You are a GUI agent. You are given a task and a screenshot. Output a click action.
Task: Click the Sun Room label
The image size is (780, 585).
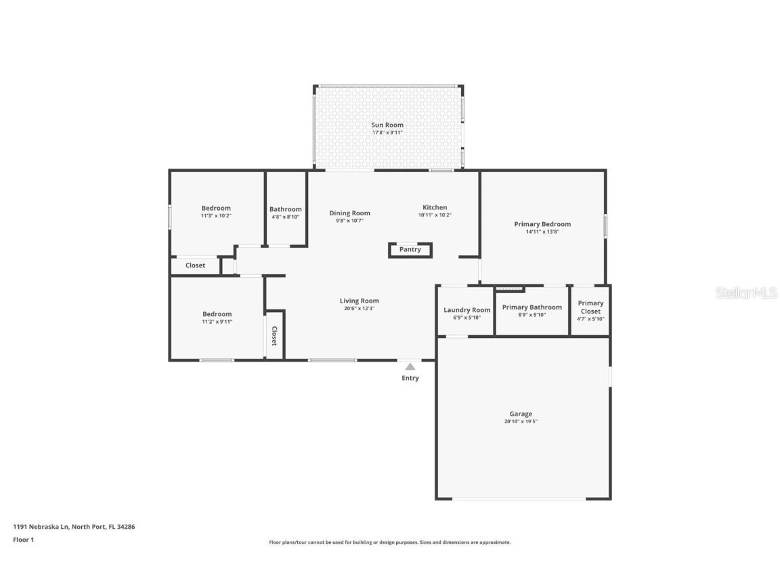387,125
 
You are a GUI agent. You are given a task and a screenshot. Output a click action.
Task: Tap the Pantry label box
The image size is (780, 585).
410,250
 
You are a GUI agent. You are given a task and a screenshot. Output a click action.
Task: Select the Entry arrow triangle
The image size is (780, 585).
410,367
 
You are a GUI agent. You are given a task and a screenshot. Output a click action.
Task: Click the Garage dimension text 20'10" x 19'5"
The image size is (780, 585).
521,422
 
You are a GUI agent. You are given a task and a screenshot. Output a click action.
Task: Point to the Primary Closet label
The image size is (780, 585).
590,307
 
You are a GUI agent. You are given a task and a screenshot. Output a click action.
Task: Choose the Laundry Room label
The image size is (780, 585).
467,310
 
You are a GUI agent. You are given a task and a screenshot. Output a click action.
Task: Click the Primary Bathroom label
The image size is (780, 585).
532,307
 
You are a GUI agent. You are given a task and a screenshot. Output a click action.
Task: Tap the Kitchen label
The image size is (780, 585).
435,207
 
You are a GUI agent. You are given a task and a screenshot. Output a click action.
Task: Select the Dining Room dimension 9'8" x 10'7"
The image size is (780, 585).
349,221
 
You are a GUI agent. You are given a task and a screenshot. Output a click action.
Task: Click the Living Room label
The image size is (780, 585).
359,301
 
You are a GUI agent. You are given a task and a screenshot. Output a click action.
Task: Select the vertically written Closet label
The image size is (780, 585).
274,336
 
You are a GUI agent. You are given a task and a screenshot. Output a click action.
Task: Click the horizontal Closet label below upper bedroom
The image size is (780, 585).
195,265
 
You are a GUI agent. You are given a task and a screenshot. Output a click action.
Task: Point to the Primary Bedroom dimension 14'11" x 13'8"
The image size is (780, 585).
542,232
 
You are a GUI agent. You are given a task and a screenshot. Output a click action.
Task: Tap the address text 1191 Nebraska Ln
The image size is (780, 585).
74,527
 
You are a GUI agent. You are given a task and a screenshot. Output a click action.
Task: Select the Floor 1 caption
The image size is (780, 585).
23,540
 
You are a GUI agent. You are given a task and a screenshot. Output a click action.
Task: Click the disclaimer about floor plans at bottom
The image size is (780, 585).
389,542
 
